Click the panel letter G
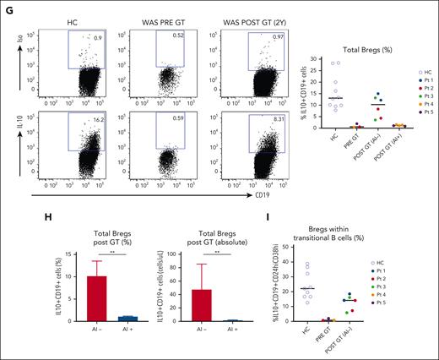(x=6, y=6)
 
